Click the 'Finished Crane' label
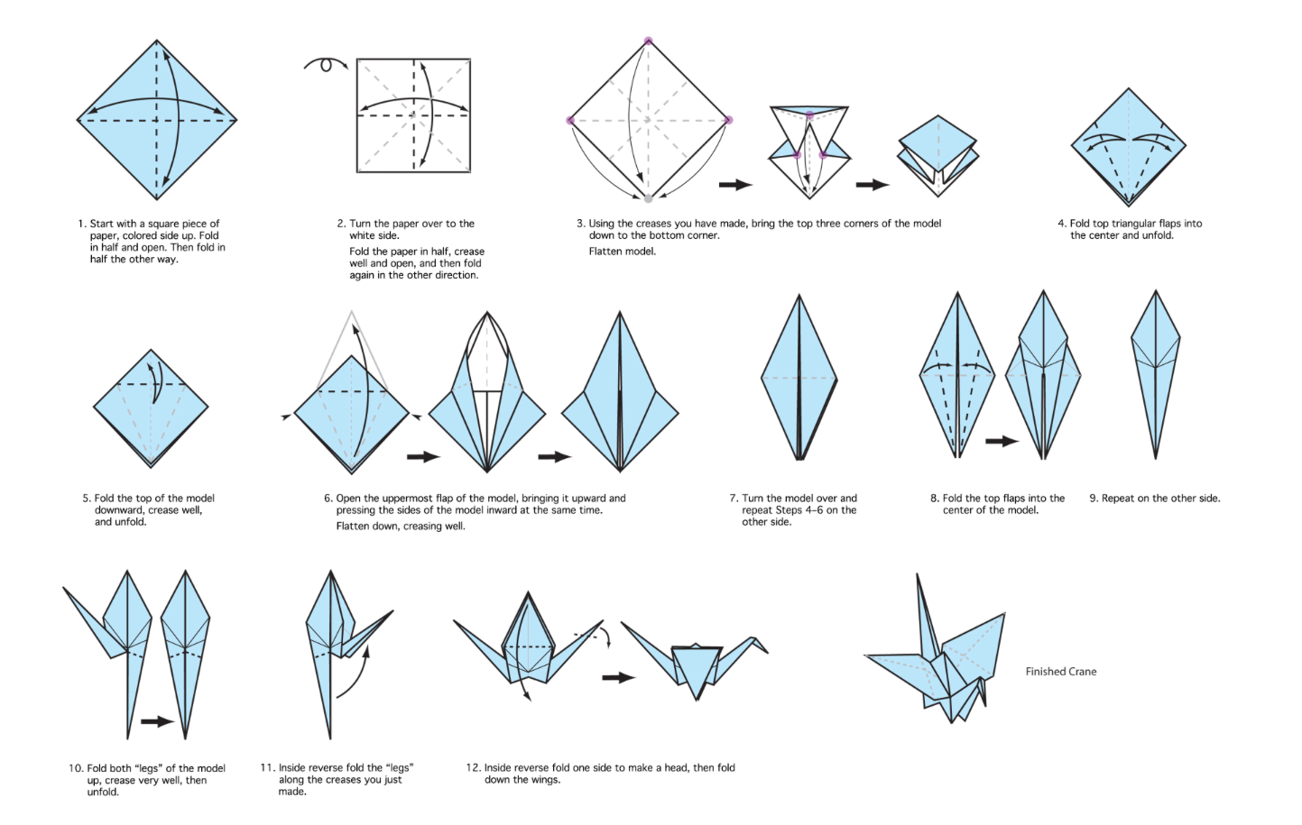tap(1060, 672)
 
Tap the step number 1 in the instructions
tap(80, 224)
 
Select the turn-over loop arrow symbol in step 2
tap(326, 65)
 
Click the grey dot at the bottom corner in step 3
tap(648, 197)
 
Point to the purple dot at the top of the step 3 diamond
tap(648, 41)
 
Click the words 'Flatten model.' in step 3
tap(622, 252)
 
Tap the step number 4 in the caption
tap(1061, 224)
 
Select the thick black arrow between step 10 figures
tap(157, 721)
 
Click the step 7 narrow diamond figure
tap(799, 379)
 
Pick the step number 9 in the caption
tap(1093, 499)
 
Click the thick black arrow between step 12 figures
tap(618, 677)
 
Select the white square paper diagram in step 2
tap(414, 115)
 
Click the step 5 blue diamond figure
tap(151, 408)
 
